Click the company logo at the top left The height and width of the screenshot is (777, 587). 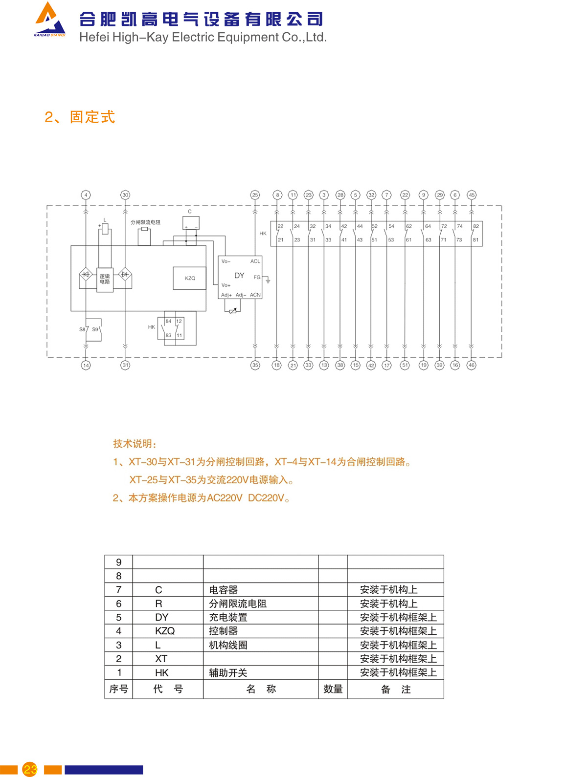pos(49,21)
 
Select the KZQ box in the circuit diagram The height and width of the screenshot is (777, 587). pos(190,278)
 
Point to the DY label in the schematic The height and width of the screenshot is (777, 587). pos(239,276)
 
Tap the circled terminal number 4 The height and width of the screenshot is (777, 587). pos(86,195)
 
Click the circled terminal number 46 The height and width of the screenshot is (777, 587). pos(471,365)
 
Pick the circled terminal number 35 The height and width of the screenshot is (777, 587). pos(255,365)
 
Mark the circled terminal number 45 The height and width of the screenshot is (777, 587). pos(472,195)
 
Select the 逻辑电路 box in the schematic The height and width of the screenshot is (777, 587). pos(105,280)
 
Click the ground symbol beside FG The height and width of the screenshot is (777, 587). pos(268,281)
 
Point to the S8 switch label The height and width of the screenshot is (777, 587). pos(82,329)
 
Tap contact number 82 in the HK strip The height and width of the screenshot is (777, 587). pos(475,226)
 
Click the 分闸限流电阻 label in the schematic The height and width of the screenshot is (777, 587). pos(145,222)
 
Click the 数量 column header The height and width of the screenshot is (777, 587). pos(333,689)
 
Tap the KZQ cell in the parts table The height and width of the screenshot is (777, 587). pos(164,631)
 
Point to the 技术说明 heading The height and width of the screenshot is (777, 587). pos(135,444)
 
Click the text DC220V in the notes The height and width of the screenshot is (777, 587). pos(266,498)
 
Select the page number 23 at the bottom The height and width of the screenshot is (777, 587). pos(30,769)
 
